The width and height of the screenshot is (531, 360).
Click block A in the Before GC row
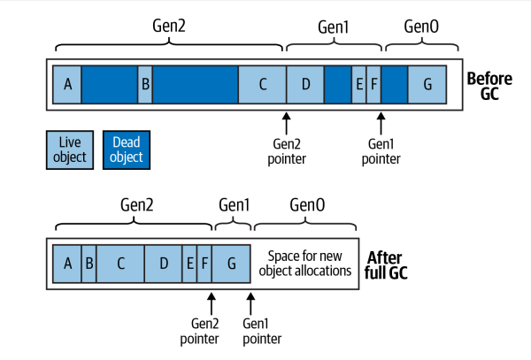pyautogui.click(x=67, y=85)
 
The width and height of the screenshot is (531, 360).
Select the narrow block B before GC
pyautogui.click(x=145, y=85)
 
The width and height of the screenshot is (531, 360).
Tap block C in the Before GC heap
pyautogui.click(x=262, y=85)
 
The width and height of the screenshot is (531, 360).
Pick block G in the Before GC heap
pyautogui.click(x=427, y=85)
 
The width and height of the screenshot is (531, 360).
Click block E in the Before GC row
pyautogui.click(x=359, y=85)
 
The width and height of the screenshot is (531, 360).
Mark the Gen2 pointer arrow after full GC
pyautogui.click(x=211, y=303)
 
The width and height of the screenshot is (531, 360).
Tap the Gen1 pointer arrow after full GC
pyautogui.click(x=250, y=303)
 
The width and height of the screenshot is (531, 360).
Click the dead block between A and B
pyautogui.click(x=110, y=85)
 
